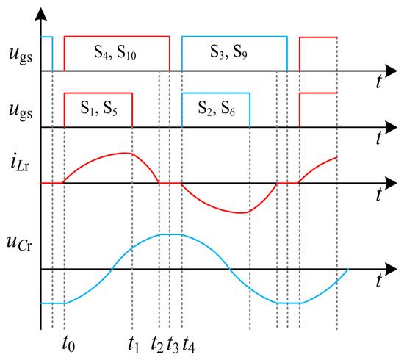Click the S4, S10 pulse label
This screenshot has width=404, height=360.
(115, 52)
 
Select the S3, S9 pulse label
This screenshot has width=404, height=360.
(228, 51)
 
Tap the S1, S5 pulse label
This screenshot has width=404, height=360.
(99, 108)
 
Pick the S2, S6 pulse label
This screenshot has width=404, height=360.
(216, 108)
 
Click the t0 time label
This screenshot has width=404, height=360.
(68, 344)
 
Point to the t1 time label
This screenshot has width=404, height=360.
(134, 344)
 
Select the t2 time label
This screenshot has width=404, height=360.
(157, 344)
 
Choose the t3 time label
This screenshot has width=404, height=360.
(173, 344)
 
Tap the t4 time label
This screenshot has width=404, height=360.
(189, 344)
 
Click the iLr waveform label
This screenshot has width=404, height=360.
(20, 164)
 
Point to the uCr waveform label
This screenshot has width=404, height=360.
(19, 243)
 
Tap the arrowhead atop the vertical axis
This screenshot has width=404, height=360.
(40, 13)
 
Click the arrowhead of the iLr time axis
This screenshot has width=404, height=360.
(391, 183)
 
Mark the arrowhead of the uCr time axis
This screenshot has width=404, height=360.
(391, 269)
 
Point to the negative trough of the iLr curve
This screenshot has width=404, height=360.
(240, 213)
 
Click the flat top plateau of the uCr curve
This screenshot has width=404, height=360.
(170, 234)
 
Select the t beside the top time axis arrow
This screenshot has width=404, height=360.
(378, 82)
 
